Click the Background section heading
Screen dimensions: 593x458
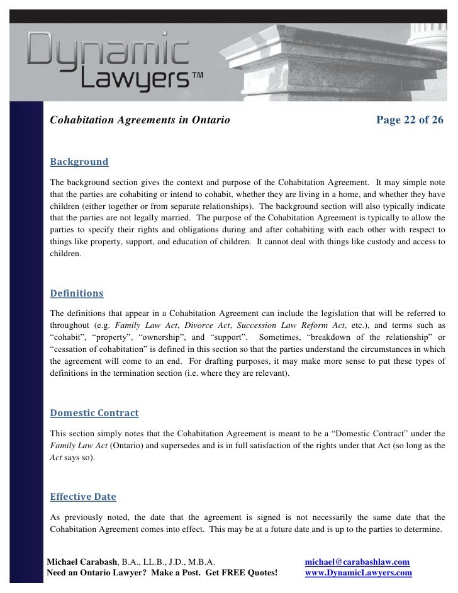[79, 162]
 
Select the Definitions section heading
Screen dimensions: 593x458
[76, 293]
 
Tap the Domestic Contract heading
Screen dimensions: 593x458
[94, 414]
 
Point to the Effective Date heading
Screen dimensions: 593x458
[83, 497]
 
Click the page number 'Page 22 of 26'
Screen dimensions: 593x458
[410, 120]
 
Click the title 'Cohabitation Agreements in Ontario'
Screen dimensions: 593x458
[140, 120]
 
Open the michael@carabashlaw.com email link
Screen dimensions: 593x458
[357, 562]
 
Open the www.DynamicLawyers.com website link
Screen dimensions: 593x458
[358, 573]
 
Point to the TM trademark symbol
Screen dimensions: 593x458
[196, 75]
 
